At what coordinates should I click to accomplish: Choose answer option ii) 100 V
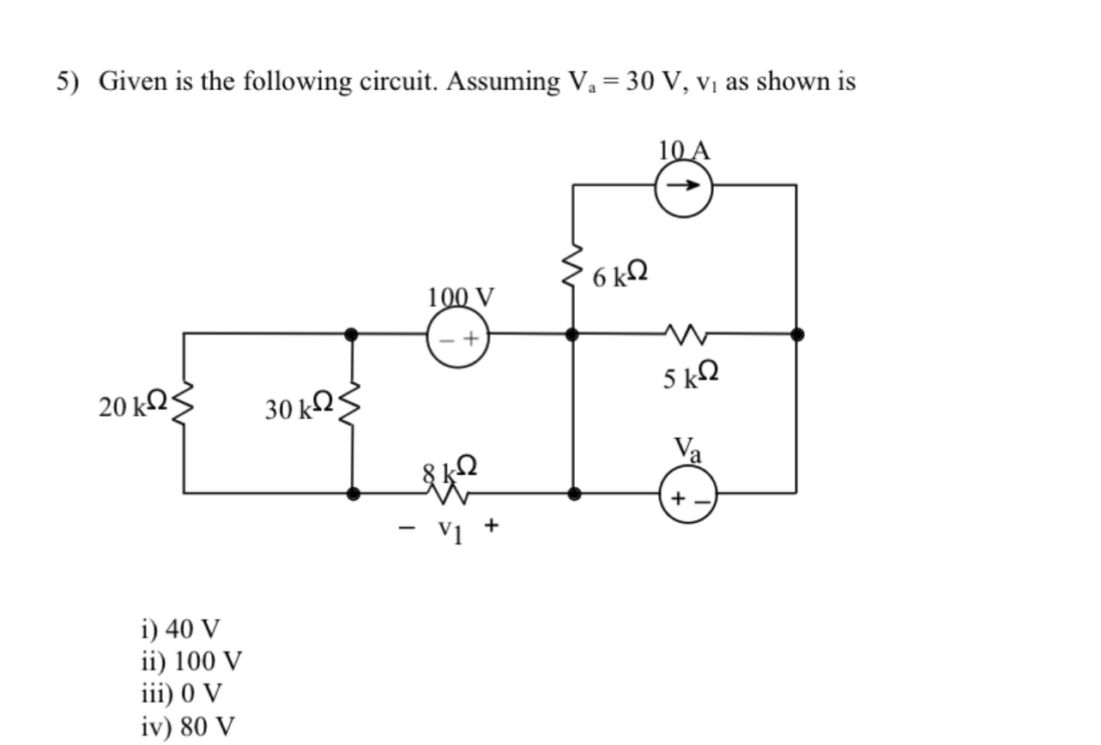click(191, 661)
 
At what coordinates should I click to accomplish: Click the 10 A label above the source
click(685, 150)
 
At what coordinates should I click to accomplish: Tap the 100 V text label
click(461, 297)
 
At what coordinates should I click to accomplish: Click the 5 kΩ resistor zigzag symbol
click(684, 333)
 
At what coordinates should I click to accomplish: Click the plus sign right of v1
click(491, 525)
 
